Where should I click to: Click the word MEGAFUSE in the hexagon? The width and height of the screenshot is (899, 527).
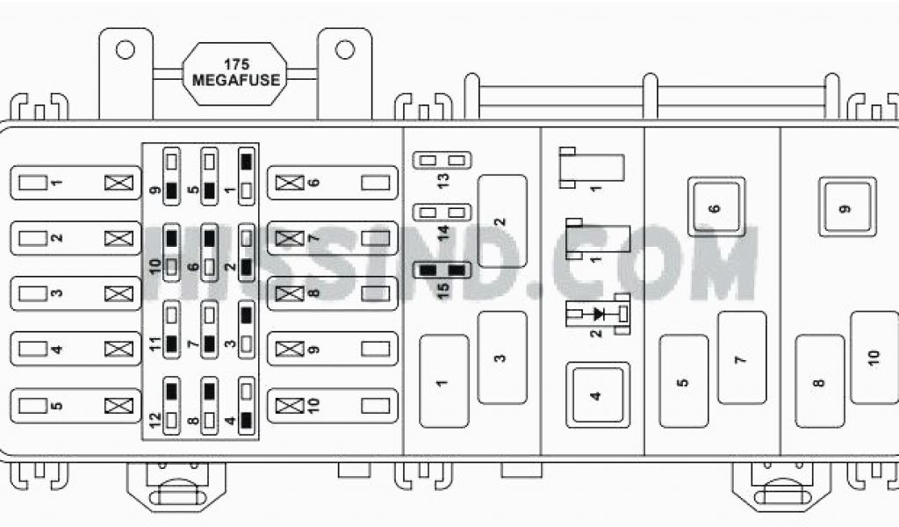236,80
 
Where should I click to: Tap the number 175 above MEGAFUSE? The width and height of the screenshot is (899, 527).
236,65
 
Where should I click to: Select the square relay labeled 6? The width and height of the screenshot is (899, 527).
716,206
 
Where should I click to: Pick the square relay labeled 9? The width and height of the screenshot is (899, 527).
847,206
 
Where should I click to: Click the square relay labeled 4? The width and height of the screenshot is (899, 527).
597,394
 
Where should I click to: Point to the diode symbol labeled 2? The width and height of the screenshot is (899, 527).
601,314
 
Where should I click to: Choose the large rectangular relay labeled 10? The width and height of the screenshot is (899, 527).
874,357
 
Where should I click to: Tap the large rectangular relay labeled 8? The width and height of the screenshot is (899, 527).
819,381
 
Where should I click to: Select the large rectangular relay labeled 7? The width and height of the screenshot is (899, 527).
742,357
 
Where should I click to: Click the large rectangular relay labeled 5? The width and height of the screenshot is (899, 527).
683,381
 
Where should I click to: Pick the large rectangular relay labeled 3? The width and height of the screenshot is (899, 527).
501,357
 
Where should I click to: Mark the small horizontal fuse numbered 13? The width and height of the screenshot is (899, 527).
442,160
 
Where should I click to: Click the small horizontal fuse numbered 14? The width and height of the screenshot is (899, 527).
442,213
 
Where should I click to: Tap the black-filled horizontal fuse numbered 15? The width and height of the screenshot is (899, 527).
442,271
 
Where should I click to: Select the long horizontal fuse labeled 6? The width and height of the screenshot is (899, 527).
332,183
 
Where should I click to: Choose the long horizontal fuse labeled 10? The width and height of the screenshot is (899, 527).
332,405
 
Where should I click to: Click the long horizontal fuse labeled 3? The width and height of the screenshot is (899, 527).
76,293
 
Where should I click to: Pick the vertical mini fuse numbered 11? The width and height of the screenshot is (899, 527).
172,327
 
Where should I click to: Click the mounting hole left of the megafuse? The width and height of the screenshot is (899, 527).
126,49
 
